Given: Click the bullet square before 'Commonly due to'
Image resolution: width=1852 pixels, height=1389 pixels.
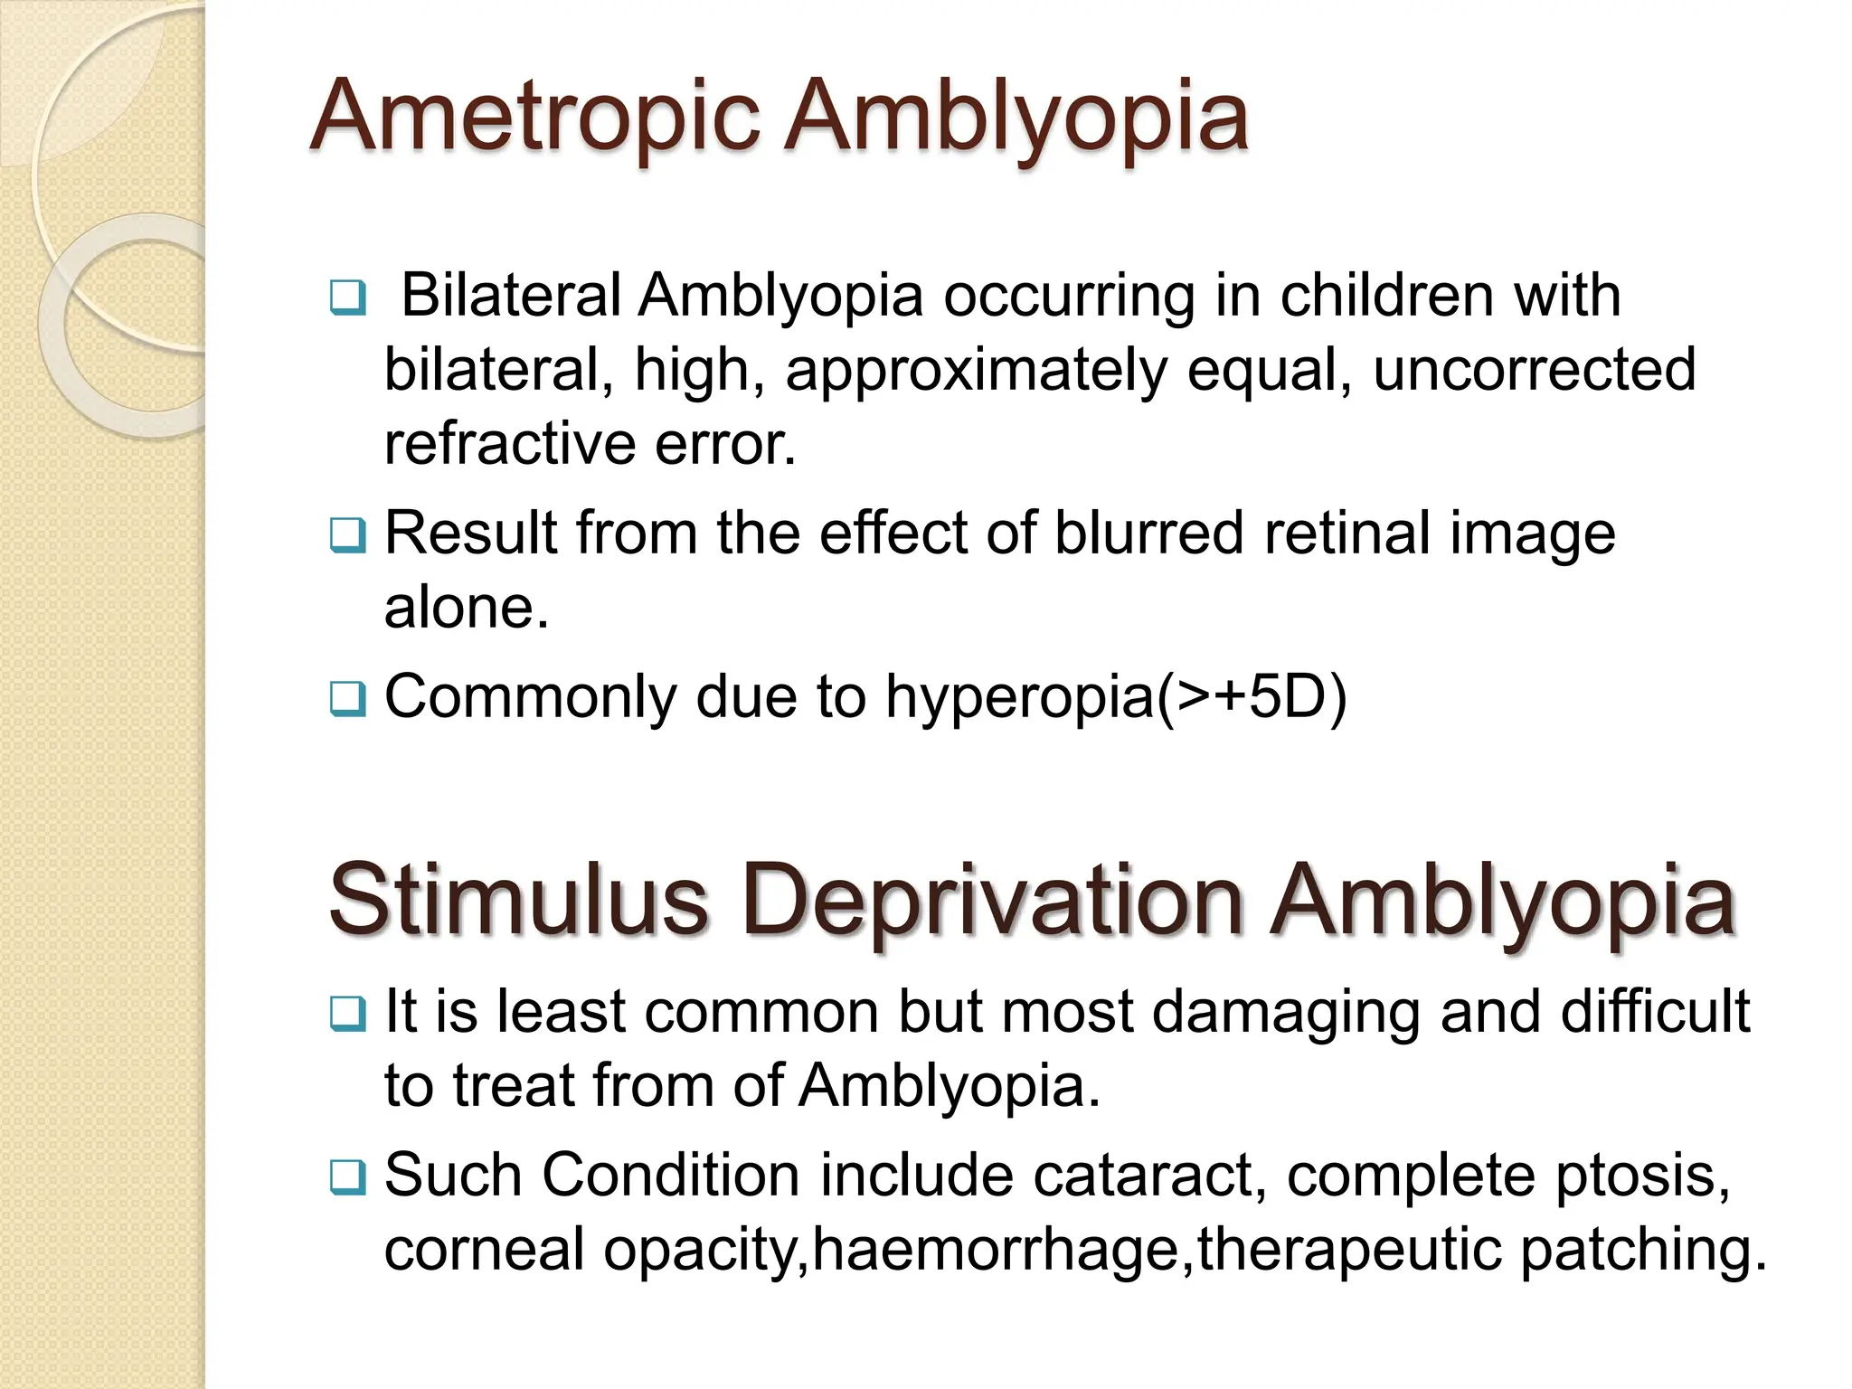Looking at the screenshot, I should (x=348, y=699).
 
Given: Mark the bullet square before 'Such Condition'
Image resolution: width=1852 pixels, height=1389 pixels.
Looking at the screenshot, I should (x=348, y=1177).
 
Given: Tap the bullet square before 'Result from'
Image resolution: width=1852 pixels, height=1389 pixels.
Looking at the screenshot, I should (x=348, y=534).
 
